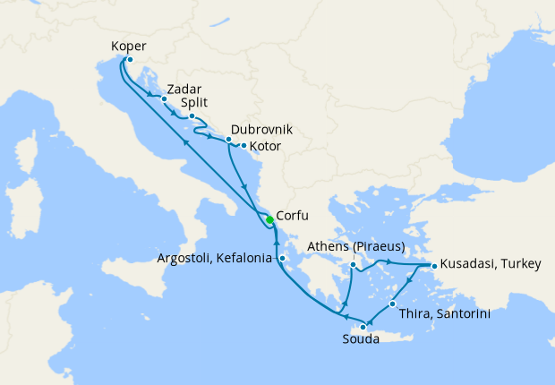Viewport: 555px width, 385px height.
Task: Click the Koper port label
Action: tap(130, 46)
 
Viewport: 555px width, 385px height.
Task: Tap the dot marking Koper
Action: tap(130, 60)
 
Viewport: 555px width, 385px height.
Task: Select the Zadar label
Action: tap(184, 89)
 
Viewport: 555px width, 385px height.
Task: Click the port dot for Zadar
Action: tap(164, 99)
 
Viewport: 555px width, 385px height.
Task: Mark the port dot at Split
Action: tap(192, 116)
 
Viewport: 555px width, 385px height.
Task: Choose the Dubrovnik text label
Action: tap(261, 129)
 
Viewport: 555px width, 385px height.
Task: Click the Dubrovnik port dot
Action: tap(228, 140)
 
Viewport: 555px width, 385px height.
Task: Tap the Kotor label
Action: tap(267, 146)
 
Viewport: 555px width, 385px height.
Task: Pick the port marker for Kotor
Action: tap(243, 145)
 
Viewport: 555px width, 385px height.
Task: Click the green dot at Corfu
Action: tap(269, 219)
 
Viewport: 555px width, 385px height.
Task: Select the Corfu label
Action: tap(295, 216)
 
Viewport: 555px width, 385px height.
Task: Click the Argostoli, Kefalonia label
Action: tap(213, 259)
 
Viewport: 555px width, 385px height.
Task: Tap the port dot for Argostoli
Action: tap(282, 259)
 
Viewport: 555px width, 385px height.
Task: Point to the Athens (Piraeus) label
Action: tap(356, 246)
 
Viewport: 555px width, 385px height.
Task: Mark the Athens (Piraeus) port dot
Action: tap(354, 265)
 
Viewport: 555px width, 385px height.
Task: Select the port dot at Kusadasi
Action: tap(434, 266)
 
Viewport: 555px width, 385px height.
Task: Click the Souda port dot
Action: tap(363, 327)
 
